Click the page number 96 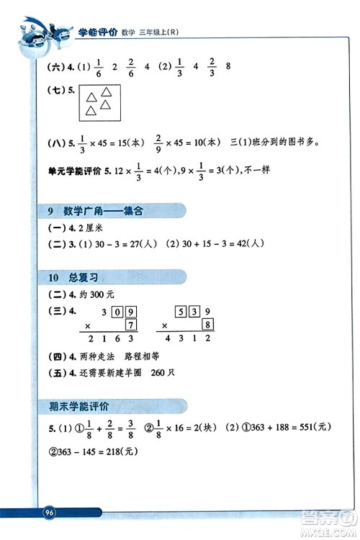pyautogui.click(x=50, y=512)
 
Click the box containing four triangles pyautogui.click(x=100, y=104)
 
